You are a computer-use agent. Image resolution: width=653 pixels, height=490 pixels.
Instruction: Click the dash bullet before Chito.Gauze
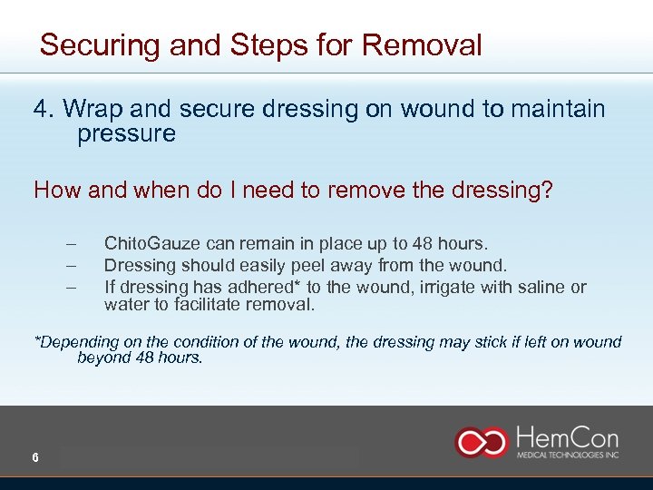[x=70, y=244]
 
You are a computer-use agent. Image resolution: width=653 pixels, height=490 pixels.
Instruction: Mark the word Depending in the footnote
[x=76, y=342]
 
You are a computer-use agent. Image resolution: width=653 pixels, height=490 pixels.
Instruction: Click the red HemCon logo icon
[x=482, y=441]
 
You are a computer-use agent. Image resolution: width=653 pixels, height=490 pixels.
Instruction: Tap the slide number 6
[x=34, y=458]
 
